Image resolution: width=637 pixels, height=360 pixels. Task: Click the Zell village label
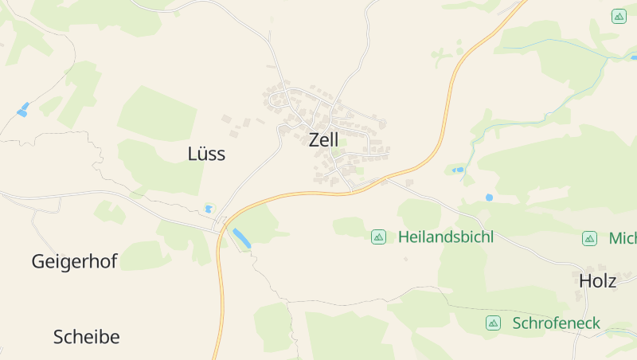pos(323,139)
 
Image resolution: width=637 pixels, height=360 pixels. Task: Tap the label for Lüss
pos(206,154)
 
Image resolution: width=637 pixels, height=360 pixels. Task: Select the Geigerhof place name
pos(74,261)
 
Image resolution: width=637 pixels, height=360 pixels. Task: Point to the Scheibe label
pos(86,337)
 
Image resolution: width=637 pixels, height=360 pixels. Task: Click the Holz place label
pos(597,280)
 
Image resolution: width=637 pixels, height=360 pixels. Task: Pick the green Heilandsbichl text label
pos(445,237)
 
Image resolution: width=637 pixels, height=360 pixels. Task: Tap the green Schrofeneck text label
pos(557,323)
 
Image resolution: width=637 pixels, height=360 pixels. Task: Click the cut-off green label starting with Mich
pos(622,238)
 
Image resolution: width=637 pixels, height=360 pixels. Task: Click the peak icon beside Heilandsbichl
pos(378,237)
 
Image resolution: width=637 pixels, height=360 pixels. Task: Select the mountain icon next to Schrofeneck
pos(493,323)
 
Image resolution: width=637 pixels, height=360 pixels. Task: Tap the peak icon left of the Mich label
pos(589,238)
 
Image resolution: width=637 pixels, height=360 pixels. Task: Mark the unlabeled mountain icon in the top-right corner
pos(619,16)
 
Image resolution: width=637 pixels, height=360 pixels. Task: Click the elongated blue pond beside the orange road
pos(240,237)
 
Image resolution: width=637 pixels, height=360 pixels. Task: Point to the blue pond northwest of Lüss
pos(22,110)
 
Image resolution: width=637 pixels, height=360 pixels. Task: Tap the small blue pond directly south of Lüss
pos(209,209)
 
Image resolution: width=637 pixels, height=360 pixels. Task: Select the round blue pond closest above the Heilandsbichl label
pos(489,197)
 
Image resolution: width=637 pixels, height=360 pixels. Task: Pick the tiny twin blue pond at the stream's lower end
pos(458,170)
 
